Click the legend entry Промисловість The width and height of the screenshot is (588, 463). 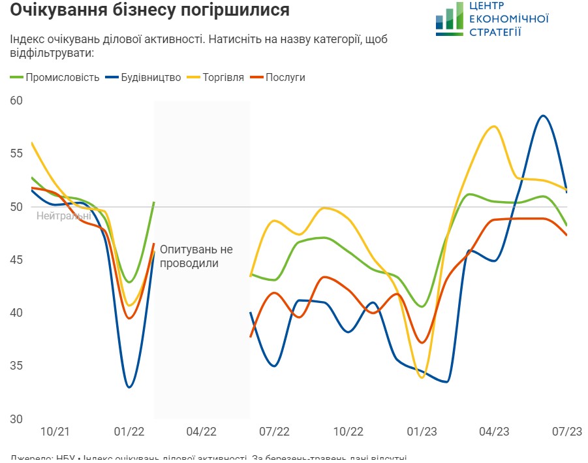tap(63, 78)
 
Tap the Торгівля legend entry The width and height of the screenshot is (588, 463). tap(222, 78)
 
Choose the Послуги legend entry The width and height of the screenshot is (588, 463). tap(285, 78)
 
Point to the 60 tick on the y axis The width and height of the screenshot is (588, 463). tap(16, 101)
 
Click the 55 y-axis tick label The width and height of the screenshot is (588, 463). tap(16, 153)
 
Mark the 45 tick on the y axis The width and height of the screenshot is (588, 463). tap(16, 260)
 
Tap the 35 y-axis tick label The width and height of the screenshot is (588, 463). tap(16, 366)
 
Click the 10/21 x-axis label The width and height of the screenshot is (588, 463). tap(54, 432)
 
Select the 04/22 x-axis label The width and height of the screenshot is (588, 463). tap(201, 432)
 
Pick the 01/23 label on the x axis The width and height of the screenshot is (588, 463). tap(422, 432)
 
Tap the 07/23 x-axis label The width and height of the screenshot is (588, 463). tap(568, 432)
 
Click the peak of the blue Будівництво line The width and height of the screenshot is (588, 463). tap(543, 116)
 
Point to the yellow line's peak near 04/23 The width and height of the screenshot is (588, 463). tap(494, 126)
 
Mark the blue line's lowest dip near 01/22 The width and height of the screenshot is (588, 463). tap(129, 387)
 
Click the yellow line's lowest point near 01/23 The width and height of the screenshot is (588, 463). tap(422, 377)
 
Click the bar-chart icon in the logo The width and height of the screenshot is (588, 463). tap(449, 19)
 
